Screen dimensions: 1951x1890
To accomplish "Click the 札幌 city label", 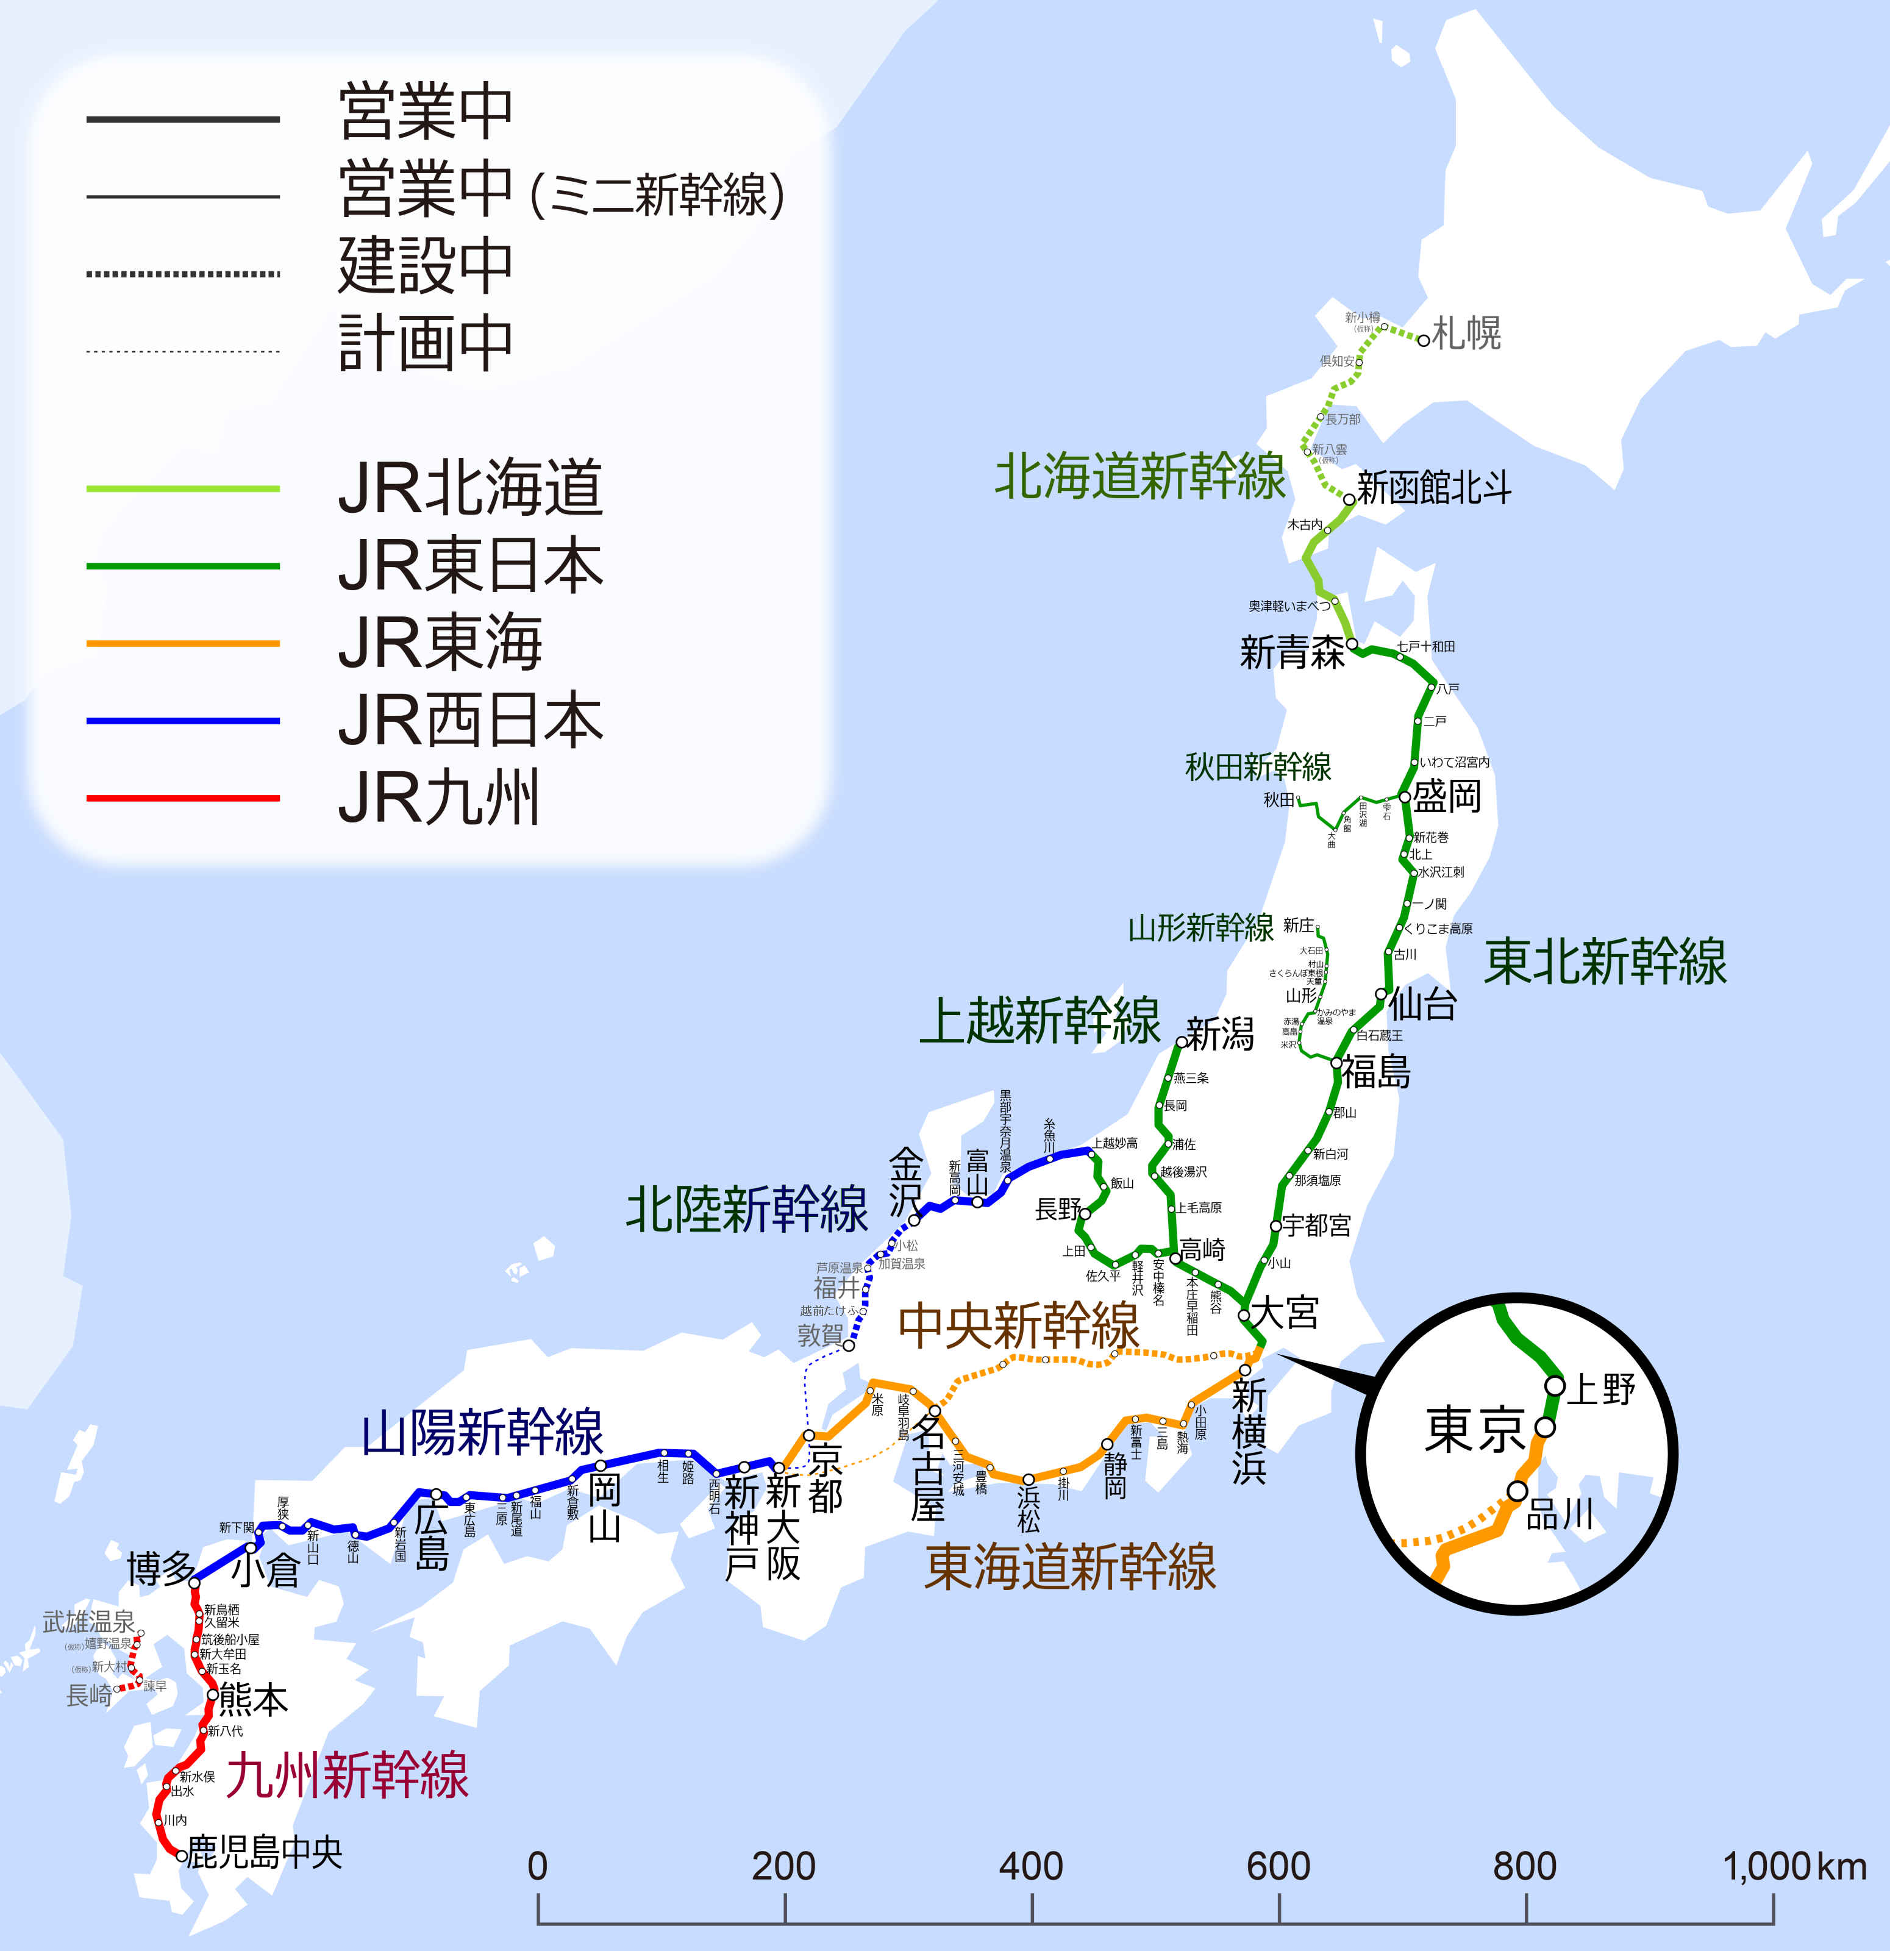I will [1466, 332].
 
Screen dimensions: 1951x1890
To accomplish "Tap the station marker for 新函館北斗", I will [1350, 500].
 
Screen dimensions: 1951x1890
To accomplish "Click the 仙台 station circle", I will [1382, 994].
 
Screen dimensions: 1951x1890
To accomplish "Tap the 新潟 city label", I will [1220, 1034].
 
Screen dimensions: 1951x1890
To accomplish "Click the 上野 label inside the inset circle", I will [1602, 1389].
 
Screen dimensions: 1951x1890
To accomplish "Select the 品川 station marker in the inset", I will [1517, 1491].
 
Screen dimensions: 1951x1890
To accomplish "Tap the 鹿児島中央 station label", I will [265, 1852].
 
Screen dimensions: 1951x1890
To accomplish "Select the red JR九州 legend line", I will [183, 798].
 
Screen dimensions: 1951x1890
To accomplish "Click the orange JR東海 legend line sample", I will [183, 644].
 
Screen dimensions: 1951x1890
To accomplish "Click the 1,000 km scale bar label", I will [1794, 1866].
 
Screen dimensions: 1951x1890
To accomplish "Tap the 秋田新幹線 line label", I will [1258, 766].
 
